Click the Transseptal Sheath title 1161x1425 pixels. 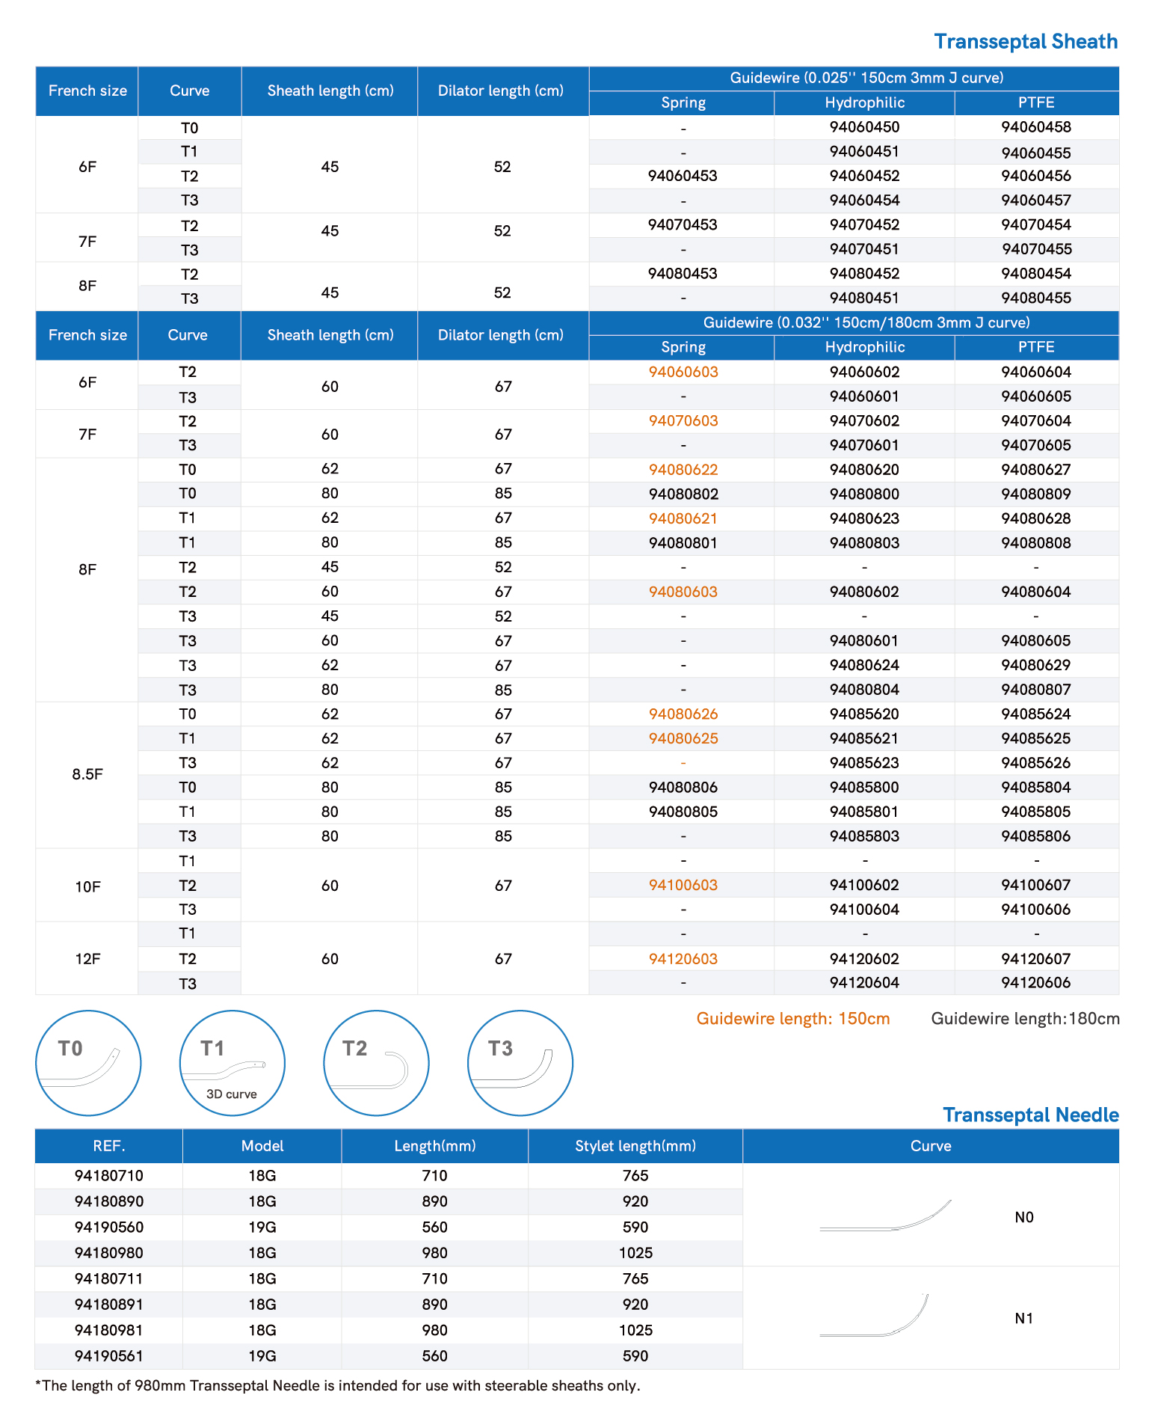click(1025, 42)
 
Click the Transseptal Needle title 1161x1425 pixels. click(1030, 1115)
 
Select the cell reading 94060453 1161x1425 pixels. click(683, 176)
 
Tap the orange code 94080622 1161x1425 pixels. click(683, 470)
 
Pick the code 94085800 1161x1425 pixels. click(864, 787)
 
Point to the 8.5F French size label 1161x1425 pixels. click(87, 774)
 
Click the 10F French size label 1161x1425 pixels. click(87, 886)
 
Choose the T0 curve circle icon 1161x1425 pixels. click(88, 1063)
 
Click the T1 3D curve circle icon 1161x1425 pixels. click(232, 1063)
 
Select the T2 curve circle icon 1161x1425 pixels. click(376, 1063)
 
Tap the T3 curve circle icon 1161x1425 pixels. click(520, 1063)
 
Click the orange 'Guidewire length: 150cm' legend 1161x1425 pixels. click(792, 1019)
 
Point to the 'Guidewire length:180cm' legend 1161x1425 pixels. click(1025, 1019)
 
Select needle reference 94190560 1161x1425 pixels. click(109, 1227)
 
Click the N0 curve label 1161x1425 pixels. click(1024, 1217)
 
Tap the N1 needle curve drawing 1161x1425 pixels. click(875, 1318)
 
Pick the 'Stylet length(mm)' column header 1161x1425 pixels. click(635, 1146)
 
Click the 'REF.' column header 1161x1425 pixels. click(109, 1146)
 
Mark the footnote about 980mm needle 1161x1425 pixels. click(338, 1385)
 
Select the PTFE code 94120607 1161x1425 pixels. click(1035, 958)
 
